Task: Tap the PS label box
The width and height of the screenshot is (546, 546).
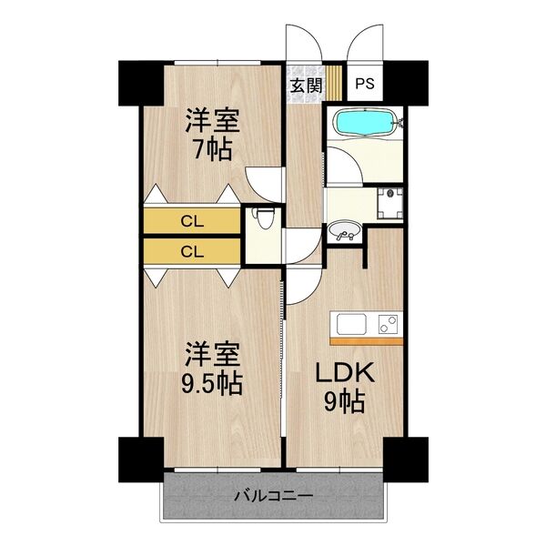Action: [364, 85]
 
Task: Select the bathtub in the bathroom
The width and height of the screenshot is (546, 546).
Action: [364, 124]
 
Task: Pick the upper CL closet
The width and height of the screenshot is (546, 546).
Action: [191, 220]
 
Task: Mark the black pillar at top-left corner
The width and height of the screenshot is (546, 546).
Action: [138, 81]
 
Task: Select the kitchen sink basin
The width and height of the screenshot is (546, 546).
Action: [351, 323]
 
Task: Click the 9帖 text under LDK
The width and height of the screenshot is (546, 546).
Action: [339, 401]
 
